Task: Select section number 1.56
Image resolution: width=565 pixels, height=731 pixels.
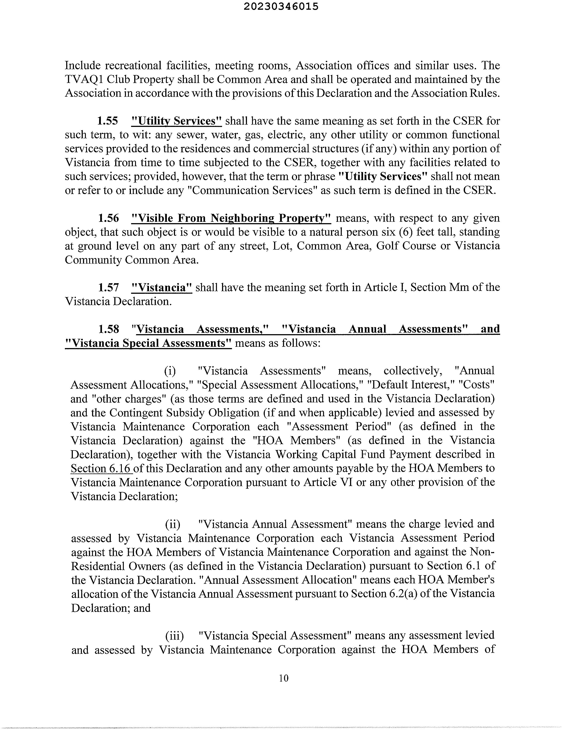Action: [108, 218]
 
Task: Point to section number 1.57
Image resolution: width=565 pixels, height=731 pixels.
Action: [108, 287]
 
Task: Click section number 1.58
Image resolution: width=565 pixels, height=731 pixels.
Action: [108, 329]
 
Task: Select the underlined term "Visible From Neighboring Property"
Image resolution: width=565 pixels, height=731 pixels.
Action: [231, 218]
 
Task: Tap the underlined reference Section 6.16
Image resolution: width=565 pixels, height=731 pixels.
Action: [102, 468]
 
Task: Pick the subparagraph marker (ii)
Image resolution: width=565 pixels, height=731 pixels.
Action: [172, 524]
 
